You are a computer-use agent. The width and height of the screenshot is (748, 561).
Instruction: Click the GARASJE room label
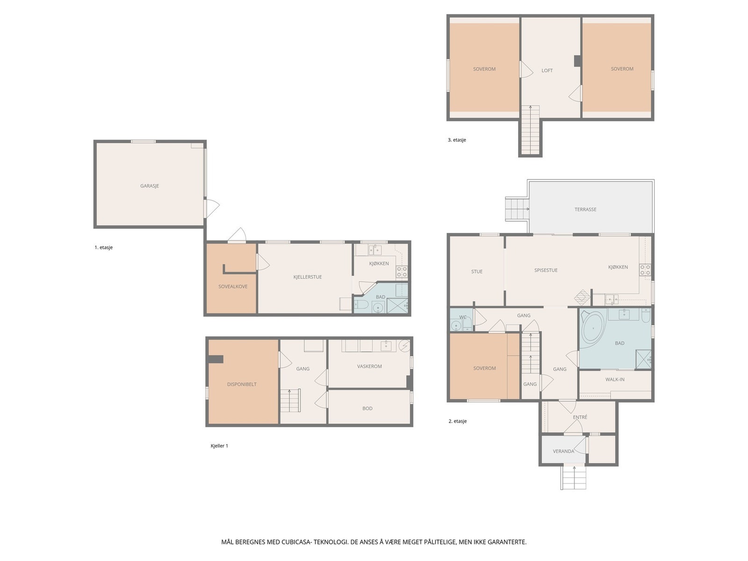pos(150,186)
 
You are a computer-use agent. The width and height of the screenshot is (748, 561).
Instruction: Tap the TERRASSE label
pos(585,209)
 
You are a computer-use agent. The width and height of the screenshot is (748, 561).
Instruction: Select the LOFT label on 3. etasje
pos(547,71)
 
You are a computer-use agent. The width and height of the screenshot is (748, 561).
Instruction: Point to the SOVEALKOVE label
pos(233,287)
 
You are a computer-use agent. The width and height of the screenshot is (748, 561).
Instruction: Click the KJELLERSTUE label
pos(308,277)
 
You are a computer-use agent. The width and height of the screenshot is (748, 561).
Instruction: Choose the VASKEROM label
pos(369,366)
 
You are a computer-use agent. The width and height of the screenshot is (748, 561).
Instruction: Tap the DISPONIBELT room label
pos(242,384)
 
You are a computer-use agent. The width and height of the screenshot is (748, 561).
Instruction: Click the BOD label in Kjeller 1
pos(367,409)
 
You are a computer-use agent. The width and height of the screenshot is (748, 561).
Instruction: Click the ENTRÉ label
pos(580,417)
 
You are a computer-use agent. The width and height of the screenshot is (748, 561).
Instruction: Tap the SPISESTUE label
pos(546,270)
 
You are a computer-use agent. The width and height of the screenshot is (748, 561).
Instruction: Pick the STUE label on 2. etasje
pos(477,272)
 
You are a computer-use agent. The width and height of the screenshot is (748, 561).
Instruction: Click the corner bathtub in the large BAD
pos(592,328)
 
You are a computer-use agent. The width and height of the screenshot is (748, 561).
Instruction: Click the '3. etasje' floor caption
pos(457,140)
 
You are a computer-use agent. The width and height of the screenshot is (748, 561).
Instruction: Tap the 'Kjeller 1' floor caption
pos(219,446)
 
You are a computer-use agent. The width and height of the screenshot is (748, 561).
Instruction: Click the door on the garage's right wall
pos(211,208)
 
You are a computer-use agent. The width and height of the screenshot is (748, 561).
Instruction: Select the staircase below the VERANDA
pos(574,477)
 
